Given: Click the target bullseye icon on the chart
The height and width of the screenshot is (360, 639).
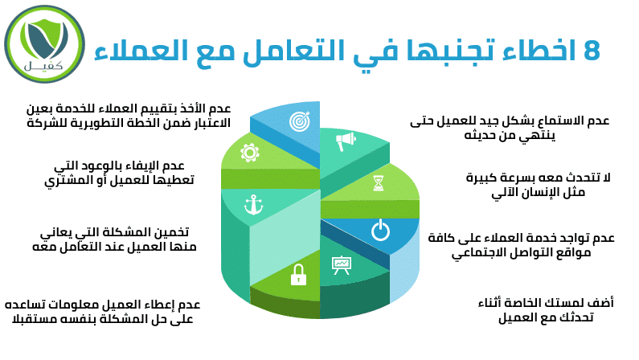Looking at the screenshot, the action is tap(300, 121).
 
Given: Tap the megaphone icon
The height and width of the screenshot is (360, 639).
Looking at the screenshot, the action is tap(345, 141).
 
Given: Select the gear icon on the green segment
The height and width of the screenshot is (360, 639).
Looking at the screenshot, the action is tap(250, 153).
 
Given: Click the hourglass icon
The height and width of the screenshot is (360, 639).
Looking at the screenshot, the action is tap(379, 183).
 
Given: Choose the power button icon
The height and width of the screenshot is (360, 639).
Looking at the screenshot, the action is tap(381, 230).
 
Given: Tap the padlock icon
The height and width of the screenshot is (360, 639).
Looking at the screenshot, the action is tap(298, 275).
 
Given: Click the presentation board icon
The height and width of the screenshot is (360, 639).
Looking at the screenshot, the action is tap(341, 265).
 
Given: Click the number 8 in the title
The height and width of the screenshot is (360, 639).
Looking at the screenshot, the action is tap(592, 51).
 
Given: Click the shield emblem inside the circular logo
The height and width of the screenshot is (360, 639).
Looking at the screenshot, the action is tap(45, 39).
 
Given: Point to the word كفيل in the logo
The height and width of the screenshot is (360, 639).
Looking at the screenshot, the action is tap(43, 65).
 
